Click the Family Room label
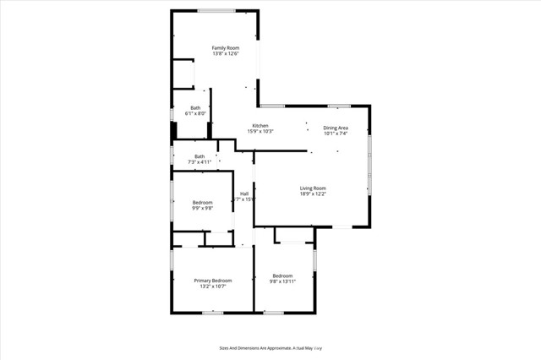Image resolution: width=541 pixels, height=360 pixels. coord(225,47)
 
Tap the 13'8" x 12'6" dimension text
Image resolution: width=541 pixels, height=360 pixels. coord(225,54)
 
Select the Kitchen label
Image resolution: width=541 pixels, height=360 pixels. coord(260,126)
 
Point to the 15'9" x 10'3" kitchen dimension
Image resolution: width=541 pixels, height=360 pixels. coord(260,132)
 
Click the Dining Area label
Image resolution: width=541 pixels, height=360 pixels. coord(336,128)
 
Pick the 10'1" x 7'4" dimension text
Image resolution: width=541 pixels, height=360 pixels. coord(336,134)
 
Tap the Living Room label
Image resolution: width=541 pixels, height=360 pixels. coord(313,188)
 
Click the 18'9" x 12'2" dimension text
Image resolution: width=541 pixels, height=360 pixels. coord(313,194)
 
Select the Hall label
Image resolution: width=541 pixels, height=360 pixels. coord(243,194)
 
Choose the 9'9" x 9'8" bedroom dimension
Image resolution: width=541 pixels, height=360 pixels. coord(202,208)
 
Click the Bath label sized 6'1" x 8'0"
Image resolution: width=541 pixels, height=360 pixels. coord(195,107)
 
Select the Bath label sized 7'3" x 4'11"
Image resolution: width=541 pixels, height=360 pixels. coord(199,155)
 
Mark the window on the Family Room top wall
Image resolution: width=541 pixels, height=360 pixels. coord(217,10)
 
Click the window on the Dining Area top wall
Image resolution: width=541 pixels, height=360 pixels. coord(339,106)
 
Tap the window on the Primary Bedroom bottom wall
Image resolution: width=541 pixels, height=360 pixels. coord(212,313)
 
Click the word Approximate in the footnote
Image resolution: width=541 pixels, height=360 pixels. coord(274,347)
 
